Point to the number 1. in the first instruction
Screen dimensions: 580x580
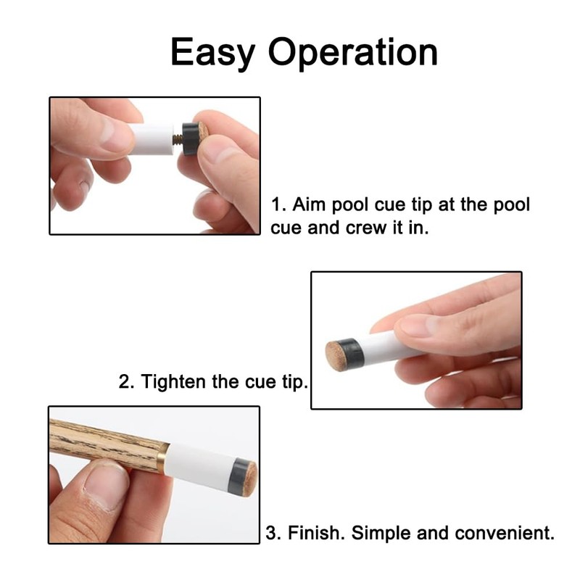277,204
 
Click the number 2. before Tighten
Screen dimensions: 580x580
126,381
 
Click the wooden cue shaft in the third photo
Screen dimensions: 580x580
101,443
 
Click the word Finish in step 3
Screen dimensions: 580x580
315,534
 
